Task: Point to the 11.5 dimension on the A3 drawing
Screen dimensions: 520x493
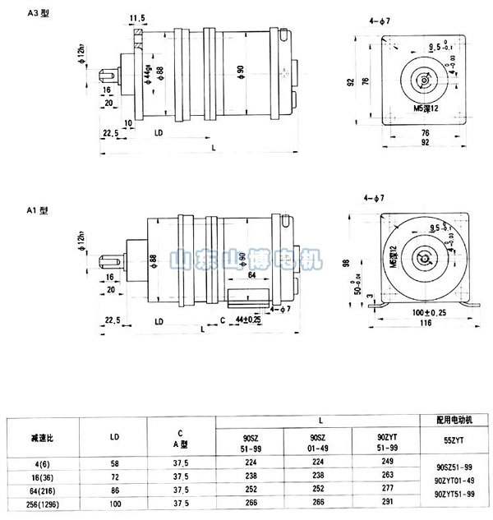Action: point(138,17)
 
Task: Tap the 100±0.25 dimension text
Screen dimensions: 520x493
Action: point(419,314)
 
